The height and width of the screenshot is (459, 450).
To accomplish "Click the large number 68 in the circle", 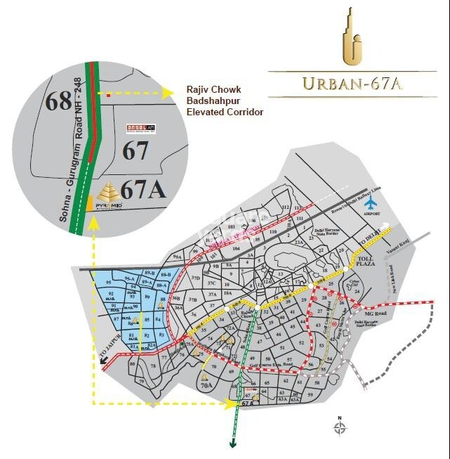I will coord(60,102).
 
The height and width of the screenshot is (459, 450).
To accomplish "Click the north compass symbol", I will coord(339,427).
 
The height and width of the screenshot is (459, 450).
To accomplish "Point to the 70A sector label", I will coord(206,385).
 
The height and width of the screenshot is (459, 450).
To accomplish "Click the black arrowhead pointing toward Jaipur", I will coord(104,361).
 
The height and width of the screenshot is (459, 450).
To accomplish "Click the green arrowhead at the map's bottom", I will coord(232,443).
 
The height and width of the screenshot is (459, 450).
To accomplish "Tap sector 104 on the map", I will coord(236,249).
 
